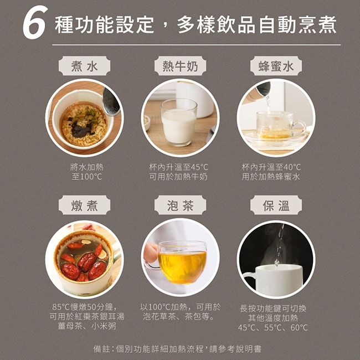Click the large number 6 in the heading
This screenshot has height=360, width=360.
point(35,23)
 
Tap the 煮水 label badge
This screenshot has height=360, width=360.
point(84,66)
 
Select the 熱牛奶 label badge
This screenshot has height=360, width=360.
point(180,66)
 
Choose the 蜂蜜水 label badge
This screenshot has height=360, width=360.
point(276,66)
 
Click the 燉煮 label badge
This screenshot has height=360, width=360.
point(84,205)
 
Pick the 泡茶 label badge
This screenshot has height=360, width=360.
point(180,205)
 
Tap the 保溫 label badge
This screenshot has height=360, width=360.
point(276,205)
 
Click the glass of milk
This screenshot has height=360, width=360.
point(179,122)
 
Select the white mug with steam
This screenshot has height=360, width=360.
point(274,280)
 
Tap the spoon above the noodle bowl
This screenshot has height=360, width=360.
point(111,101)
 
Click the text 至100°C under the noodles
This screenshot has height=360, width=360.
point(87,177)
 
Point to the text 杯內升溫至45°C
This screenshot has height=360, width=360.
point(178,167)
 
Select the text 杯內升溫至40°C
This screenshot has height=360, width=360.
point(271,167)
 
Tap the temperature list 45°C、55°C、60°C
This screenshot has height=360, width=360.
point(273,327)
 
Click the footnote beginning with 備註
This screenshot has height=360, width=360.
point(177,349)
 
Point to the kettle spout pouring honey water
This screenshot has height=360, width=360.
point(263,89)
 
